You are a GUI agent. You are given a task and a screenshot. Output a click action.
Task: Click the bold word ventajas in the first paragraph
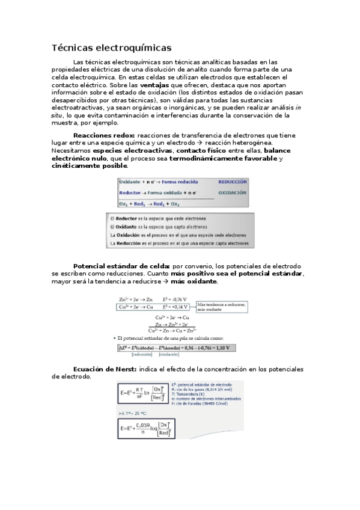[x=156, y=85]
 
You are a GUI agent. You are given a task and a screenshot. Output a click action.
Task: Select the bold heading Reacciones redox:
[x=104, y=135]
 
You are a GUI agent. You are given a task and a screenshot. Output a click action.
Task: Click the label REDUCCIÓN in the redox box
[x=232, y=181]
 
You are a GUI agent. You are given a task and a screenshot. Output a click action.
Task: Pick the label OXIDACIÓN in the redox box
[x=232, y=193]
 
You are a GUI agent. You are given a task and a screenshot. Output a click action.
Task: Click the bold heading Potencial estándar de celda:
[x=121, y=265]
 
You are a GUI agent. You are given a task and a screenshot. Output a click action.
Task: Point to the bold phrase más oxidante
[x=194, y=281]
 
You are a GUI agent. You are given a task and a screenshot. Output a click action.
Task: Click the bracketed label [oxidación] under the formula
[x=169, y=355]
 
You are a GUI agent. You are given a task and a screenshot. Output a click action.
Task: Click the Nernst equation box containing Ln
[x=142, y=393]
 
